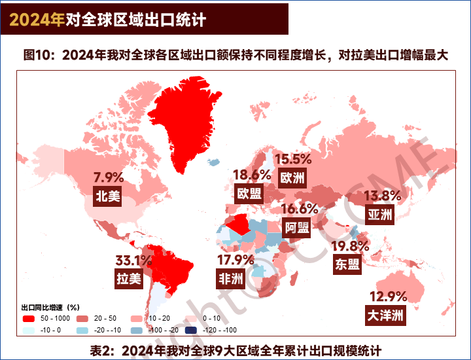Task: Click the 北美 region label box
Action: tap(108, 196)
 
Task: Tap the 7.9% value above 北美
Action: tap(109, 177)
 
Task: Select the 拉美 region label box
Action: tap(129, 279)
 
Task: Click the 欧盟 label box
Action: tap(249, 193)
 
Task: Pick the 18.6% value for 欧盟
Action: tap(252, 175)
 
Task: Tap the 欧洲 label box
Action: tap(292, 177)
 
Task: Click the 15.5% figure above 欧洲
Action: tap(292, 159)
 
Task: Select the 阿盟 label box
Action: tap(297, 227)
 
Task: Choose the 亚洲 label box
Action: tap(380, 214)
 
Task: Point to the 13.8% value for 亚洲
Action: tap(383, 196)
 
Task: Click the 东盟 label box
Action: tap(347, 264)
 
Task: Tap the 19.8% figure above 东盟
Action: tap(350, 246)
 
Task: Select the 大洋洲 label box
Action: tap(385, 315)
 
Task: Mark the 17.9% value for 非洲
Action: tap(235, 261)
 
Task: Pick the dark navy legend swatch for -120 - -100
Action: tap(190, 330)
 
